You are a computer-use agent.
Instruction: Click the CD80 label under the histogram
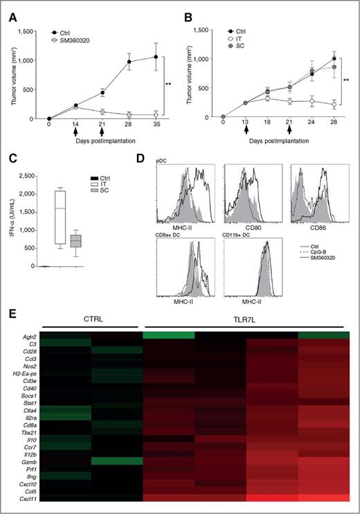click(260, 226)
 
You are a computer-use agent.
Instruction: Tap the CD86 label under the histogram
click(316, 226)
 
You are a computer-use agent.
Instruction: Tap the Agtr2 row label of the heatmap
click(27, 336)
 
